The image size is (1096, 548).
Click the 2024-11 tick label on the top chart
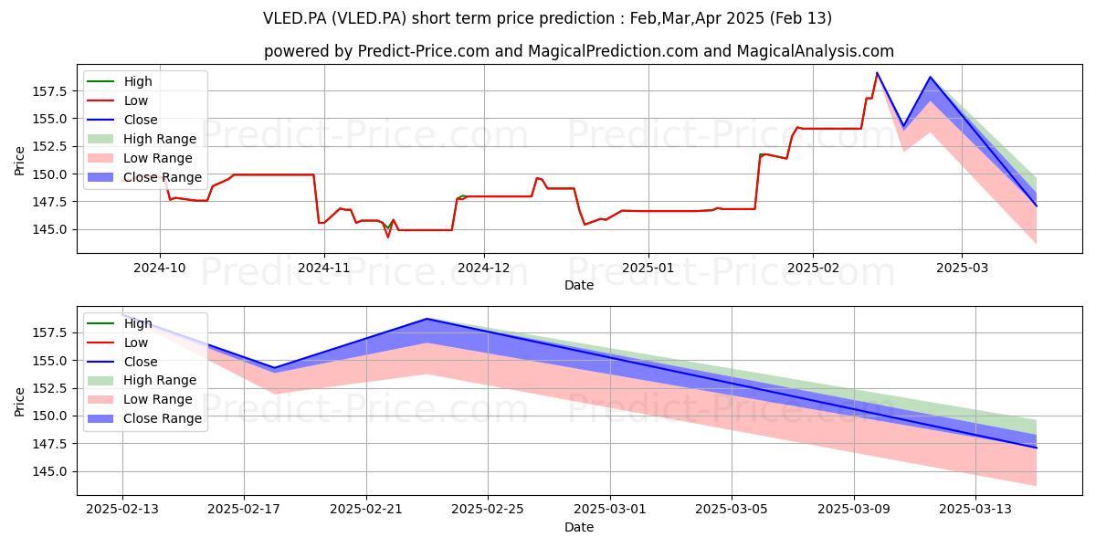click(324, 269)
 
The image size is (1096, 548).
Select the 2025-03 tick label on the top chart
click(962, 269)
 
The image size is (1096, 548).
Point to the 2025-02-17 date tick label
click(244, 510)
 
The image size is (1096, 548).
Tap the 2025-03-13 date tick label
click(975, 510)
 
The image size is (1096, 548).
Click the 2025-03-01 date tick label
click(610, 510)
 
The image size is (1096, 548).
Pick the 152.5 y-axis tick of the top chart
click(49, 146)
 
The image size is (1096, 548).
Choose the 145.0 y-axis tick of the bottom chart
click(49, 471)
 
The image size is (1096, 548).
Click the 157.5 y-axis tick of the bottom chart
click(49, 332)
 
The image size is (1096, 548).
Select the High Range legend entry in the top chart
click(142, 139)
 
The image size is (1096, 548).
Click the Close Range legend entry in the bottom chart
click(144, 418)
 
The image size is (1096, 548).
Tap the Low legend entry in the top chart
click(118, 100)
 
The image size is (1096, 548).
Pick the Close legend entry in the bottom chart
click(122, 362)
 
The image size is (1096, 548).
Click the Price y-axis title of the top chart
click(19, 161)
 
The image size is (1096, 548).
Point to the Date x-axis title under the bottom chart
click(579, 527)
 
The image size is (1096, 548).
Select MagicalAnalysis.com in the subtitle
click(815, 51)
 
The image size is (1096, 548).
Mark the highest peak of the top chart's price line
click(877, 73)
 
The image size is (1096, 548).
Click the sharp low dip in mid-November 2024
click(388, 237)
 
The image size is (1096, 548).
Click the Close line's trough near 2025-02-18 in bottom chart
click(274, 368)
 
